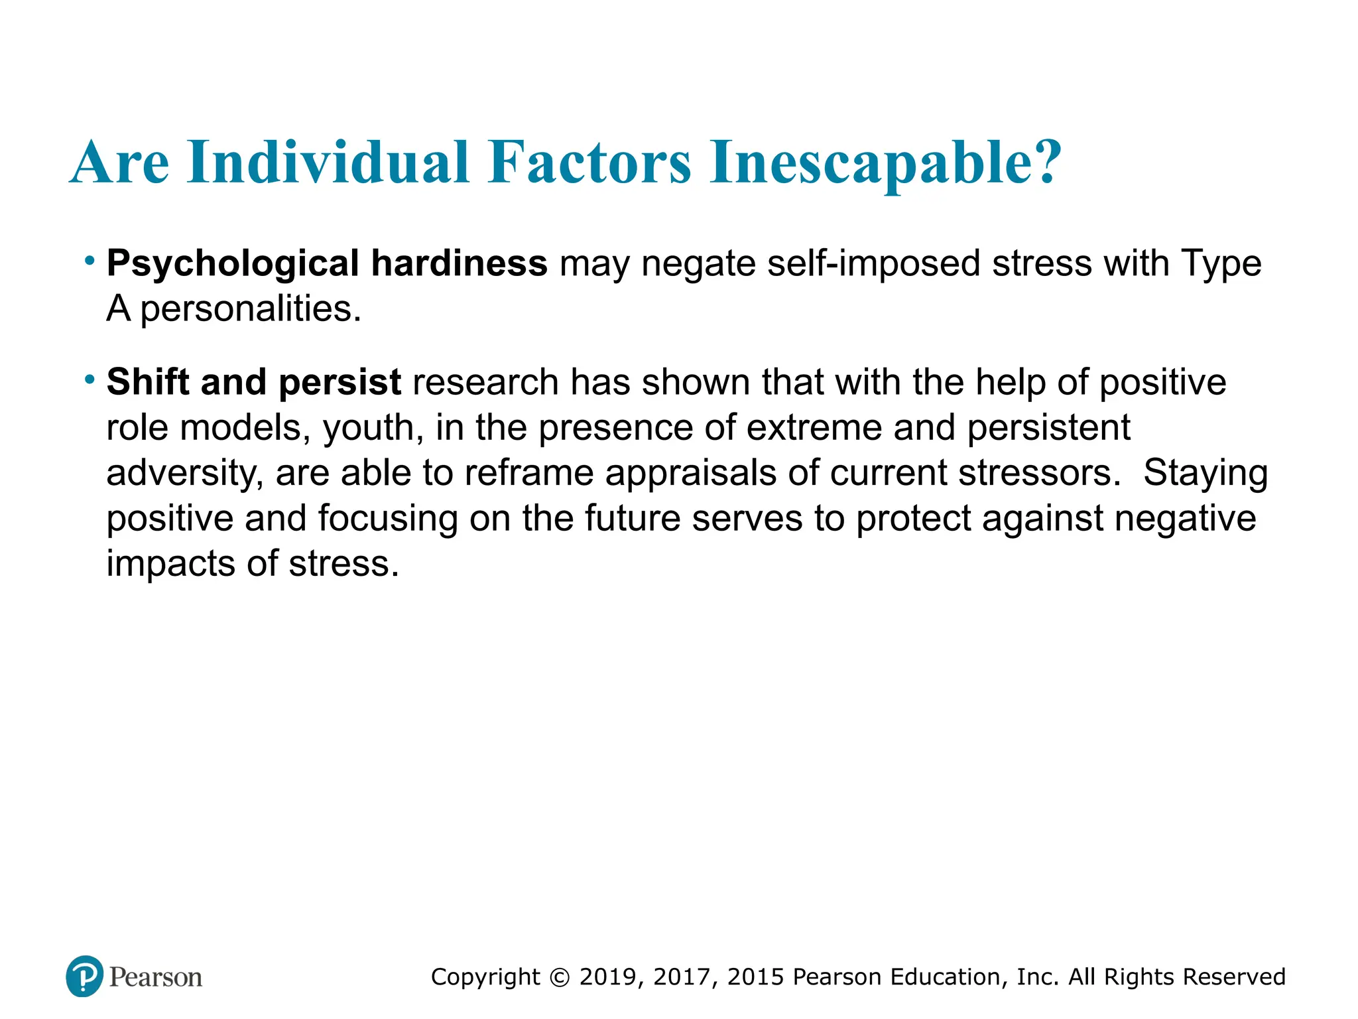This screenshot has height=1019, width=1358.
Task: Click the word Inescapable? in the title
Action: coord(886,163)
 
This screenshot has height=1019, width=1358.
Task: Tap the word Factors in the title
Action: coord(589,163)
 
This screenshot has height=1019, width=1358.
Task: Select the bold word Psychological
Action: coord(233,264)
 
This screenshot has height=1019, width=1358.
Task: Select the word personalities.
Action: coord(251,309)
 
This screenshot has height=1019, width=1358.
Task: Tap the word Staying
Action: coord(1205,474)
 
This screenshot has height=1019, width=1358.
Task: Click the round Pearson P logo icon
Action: coord(85,976)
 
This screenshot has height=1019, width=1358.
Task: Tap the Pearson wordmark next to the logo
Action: coord(156,977)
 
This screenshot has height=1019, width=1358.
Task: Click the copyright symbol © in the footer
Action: coord(560,977)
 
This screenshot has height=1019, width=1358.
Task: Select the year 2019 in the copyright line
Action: coord(608,977)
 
